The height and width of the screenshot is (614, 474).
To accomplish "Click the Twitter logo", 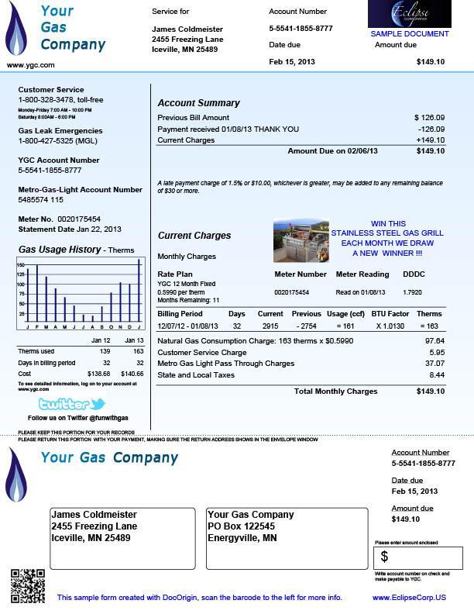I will tap(71, 404).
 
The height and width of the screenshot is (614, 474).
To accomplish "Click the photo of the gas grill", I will tap(301, 240).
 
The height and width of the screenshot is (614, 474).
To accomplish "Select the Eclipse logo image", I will tap(409, 15).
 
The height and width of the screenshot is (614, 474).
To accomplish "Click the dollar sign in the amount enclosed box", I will tap(385, 556).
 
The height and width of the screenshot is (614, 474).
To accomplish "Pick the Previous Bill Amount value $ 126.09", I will tap(429, 117).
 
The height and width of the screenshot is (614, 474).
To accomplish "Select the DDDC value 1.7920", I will tap(412, 292).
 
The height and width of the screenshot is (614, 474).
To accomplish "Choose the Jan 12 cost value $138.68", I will tap(101, 374).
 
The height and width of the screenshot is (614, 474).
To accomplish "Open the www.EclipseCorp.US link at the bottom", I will tap(409, 598).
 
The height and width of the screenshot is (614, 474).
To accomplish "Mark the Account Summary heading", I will tap(198, 103).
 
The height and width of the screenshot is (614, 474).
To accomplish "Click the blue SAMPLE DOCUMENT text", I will tap(409, 34).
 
